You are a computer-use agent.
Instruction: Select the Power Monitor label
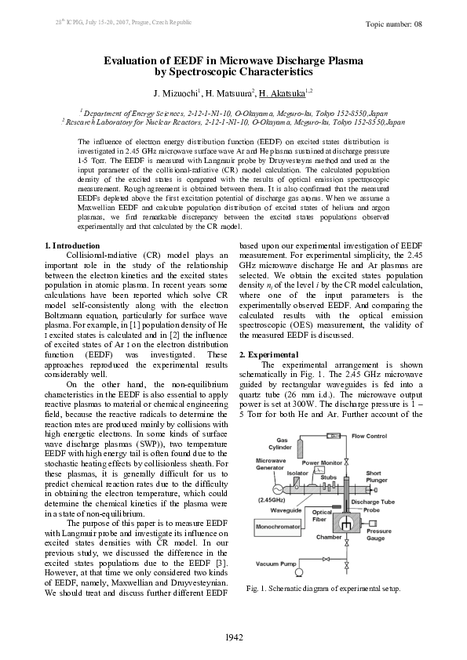[x=322, y=463]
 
